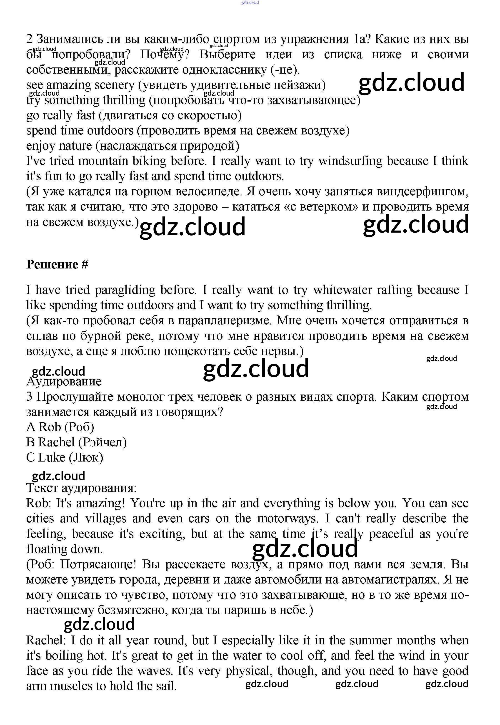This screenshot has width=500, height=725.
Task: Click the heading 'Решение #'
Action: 57,265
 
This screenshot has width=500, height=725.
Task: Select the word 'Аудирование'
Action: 64,382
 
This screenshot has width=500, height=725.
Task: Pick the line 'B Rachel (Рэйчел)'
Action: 76,442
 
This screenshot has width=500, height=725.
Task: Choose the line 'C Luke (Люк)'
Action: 65,458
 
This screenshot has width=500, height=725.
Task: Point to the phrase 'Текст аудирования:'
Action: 81,488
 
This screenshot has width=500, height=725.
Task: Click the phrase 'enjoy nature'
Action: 59,146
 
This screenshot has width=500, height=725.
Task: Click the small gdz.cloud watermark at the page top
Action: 250,3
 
